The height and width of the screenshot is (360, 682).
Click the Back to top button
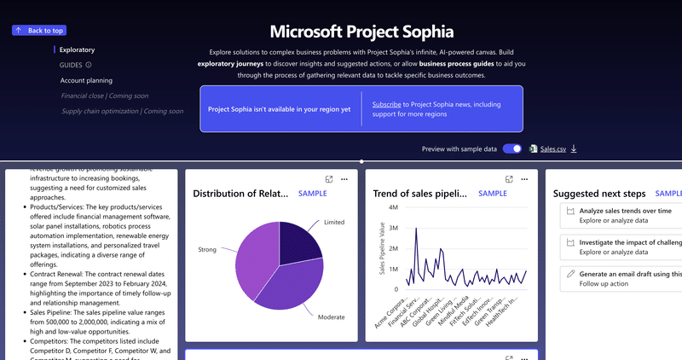38,30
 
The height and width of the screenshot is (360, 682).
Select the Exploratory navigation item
77,50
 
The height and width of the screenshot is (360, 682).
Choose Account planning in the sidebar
86,80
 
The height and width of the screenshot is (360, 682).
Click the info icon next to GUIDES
89,65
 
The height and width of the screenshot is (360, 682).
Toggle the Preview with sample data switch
511,148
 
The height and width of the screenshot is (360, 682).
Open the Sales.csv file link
552,149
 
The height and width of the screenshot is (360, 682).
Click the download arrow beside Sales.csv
574,149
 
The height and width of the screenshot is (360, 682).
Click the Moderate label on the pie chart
331,316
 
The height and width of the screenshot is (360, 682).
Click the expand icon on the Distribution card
328,179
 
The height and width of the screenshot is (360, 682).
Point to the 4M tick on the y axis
392,207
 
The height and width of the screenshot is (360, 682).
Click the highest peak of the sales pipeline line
416,229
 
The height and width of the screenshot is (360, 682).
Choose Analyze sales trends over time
626,210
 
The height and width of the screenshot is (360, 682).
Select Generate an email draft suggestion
629,274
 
